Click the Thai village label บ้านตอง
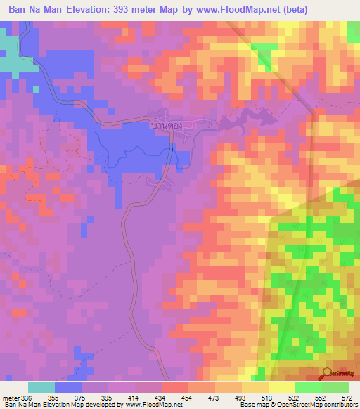tap(167, 124)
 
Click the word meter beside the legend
tap(10, 398)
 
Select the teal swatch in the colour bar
tap(41, 387)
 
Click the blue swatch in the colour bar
tap(68, 387)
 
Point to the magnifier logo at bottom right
tap(328, 374)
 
